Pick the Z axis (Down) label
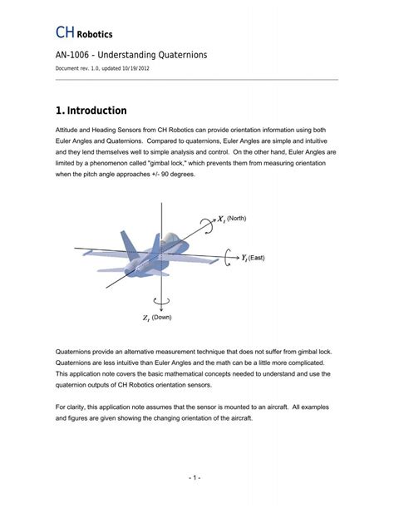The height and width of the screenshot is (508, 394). [x=155, y=317]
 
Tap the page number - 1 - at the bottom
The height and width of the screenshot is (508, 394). [x=196, y=478]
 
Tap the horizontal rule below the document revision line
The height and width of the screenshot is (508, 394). [x=196, y=80]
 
